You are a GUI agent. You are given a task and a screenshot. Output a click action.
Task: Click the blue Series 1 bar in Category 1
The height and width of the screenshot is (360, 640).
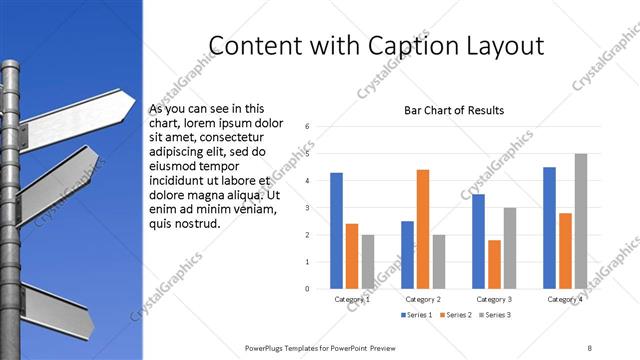click(337, 231)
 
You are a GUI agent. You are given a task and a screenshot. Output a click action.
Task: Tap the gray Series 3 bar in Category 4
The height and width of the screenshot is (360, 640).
click(581, 221)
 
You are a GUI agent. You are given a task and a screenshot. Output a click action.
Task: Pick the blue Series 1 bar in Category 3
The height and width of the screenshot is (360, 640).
click(479, 241)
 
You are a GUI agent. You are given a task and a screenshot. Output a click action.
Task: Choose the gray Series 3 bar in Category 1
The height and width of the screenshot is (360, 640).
click(367, 261)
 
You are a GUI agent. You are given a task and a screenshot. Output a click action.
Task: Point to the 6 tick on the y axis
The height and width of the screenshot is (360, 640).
click(308, 127)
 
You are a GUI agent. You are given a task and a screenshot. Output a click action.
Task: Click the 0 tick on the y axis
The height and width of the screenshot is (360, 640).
click(308, 289)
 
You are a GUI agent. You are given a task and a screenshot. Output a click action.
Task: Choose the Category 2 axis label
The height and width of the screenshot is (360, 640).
click(423, 299)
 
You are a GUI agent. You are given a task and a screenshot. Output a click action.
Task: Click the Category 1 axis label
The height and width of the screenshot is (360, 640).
click(352, 299)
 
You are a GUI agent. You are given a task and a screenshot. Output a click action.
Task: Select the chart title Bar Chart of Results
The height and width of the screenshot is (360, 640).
click(454, 110)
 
